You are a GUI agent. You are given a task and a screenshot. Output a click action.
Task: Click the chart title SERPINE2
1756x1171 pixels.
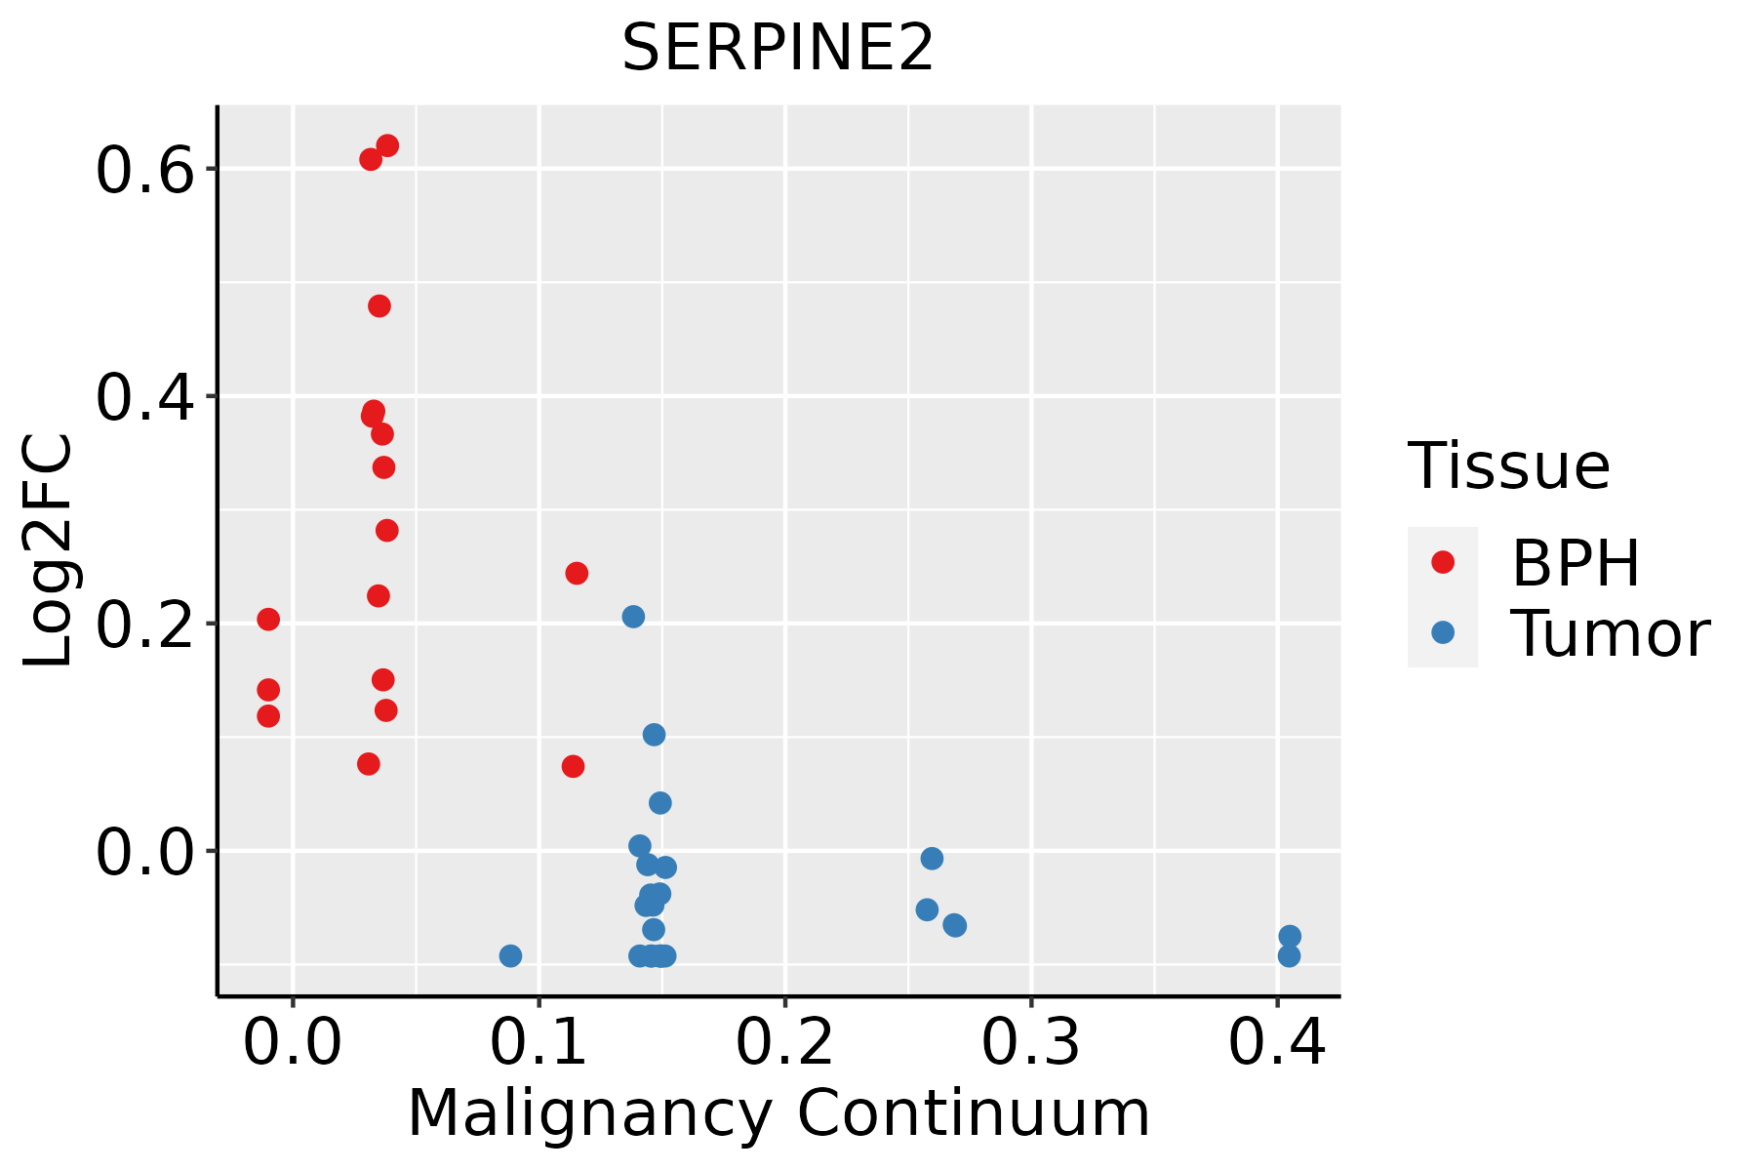778,49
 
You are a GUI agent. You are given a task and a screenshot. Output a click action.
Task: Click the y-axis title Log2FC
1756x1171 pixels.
49,551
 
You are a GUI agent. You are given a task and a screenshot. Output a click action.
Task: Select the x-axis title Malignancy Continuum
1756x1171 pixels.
778,1113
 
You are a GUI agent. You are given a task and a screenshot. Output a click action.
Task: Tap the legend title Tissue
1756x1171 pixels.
1508,466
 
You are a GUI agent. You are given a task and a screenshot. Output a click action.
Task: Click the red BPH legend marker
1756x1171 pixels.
1442,562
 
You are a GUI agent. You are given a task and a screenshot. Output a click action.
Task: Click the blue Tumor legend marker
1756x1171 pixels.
1442,632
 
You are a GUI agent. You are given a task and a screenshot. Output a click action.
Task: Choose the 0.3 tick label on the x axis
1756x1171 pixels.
1030,1042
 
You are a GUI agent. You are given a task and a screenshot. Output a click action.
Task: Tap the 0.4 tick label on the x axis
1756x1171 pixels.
1276,1042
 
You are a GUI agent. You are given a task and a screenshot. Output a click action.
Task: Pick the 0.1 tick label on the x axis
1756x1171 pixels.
539,1042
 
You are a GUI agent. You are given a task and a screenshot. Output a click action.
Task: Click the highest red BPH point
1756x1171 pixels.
387,146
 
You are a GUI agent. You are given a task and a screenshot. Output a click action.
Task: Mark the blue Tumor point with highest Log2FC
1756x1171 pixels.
633,617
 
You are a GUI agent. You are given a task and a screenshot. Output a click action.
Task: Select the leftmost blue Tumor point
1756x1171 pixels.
510,955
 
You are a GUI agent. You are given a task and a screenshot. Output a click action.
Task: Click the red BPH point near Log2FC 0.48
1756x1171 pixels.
379,306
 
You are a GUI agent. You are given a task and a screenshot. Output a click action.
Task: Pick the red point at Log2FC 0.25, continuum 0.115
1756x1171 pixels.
577,573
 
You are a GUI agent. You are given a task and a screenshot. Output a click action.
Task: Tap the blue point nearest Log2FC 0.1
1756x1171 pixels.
654,735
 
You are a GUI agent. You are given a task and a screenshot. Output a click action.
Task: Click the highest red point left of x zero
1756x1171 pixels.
268,620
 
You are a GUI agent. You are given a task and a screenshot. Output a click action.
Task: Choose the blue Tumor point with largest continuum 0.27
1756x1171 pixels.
955,925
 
